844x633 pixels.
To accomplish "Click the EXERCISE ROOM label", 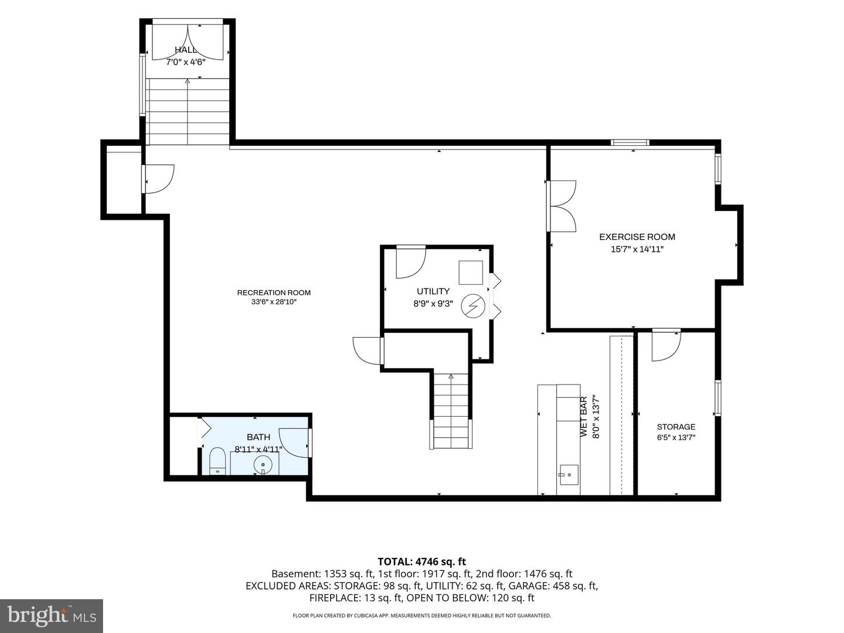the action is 637,237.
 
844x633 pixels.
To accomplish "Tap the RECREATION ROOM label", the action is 274,292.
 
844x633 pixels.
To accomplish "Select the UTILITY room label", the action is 433,291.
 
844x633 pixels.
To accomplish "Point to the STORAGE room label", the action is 676,427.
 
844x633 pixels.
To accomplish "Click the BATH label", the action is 258,437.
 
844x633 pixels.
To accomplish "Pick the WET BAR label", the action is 584,416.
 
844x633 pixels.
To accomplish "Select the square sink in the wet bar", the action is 569,475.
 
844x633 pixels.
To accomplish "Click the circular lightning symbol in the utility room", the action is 473,305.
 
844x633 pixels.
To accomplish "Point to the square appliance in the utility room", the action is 471,273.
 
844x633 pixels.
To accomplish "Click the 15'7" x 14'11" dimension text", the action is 637,249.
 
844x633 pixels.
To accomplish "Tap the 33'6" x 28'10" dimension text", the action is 274,302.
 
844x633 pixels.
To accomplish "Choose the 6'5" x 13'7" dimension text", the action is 676,437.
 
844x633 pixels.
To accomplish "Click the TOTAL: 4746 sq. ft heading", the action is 422,561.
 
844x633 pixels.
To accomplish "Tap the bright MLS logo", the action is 52,615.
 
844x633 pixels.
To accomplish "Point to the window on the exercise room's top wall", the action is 630,142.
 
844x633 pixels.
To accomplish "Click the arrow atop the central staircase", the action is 451,376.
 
